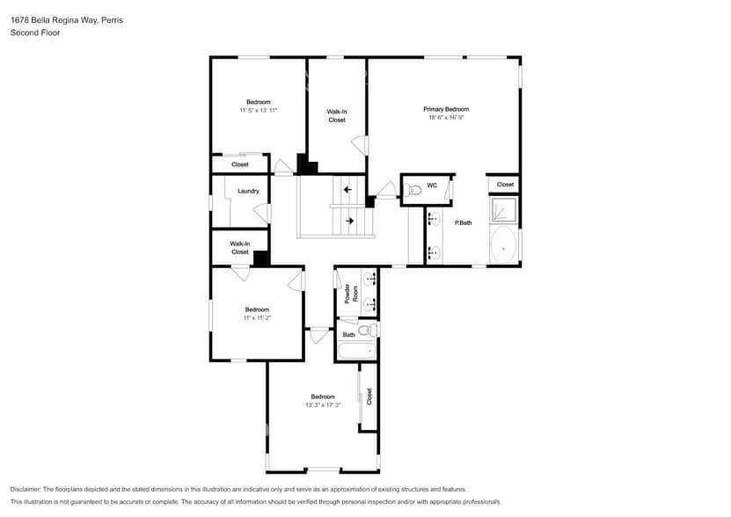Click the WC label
432,186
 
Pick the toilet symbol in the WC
414,188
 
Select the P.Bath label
463,223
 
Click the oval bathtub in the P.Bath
503,245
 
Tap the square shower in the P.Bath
503,209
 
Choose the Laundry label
247,191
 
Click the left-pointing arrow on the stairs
348,189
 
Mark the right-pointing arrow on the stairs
349,222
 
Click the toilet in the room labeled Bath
372,330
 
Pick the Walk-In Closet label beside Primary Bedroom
337,116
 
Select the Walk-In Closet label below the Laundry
239,248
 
